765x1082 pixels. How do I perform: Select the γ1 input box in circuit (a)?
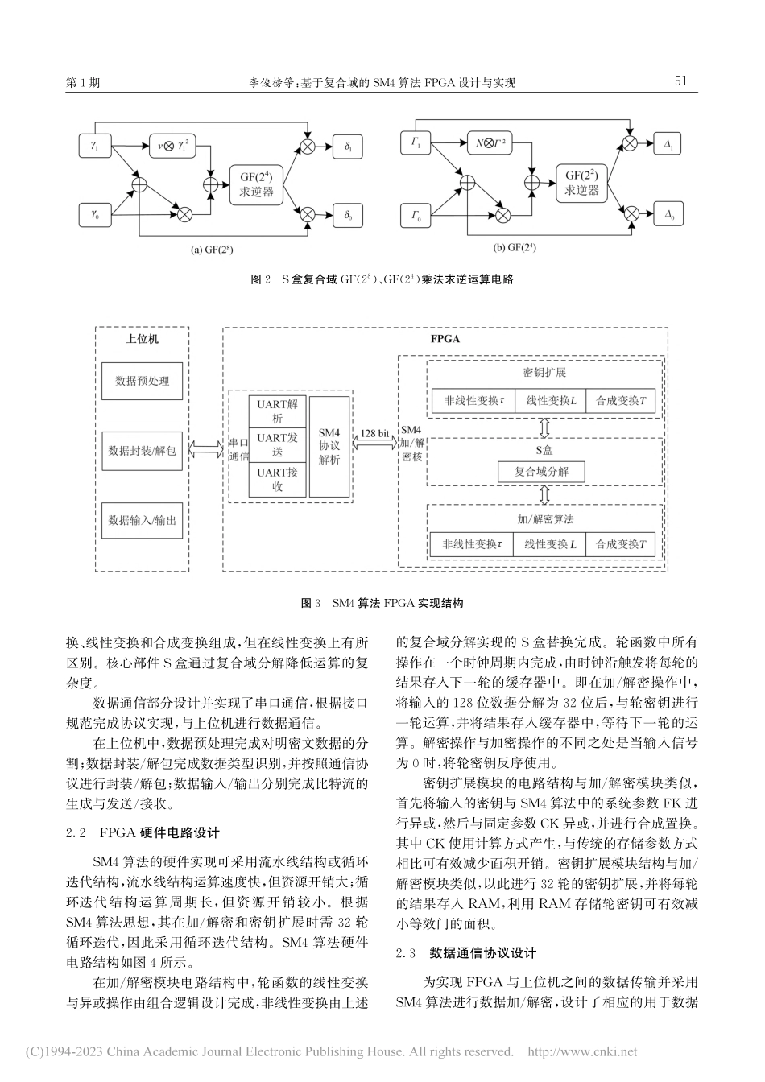[x=95, y=147]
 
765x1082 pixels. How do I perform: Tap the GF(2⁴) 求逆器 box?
[x=256, y=184]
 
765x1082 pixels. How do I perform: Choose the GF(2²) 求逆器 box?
[x=581, y=183]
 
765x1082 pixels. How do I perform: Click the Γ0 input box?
[x=416, y=215]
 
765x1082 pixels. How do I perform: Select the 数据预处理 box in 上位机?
[x=143, y=380]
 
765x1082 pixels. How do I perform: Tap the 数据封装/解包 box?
[x=143, y=451]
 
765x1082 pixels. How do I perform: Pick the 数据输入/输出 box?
[x=143, y=521]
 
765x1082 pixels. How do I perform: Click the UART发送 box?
[x=277, y=444]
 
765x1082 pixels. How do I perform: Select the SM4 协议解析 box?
[x=329, y=445]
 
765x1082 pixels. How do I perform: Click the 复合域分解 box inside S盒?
[x=541, y=471]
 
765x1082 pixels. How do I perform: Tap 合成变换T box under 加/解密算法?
[x=620, y=544]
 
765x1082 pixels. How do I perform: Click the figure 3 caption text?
[x=382, y=603]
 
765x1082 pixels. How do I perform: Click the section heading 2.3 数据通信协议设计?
[x=466, y=952]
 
